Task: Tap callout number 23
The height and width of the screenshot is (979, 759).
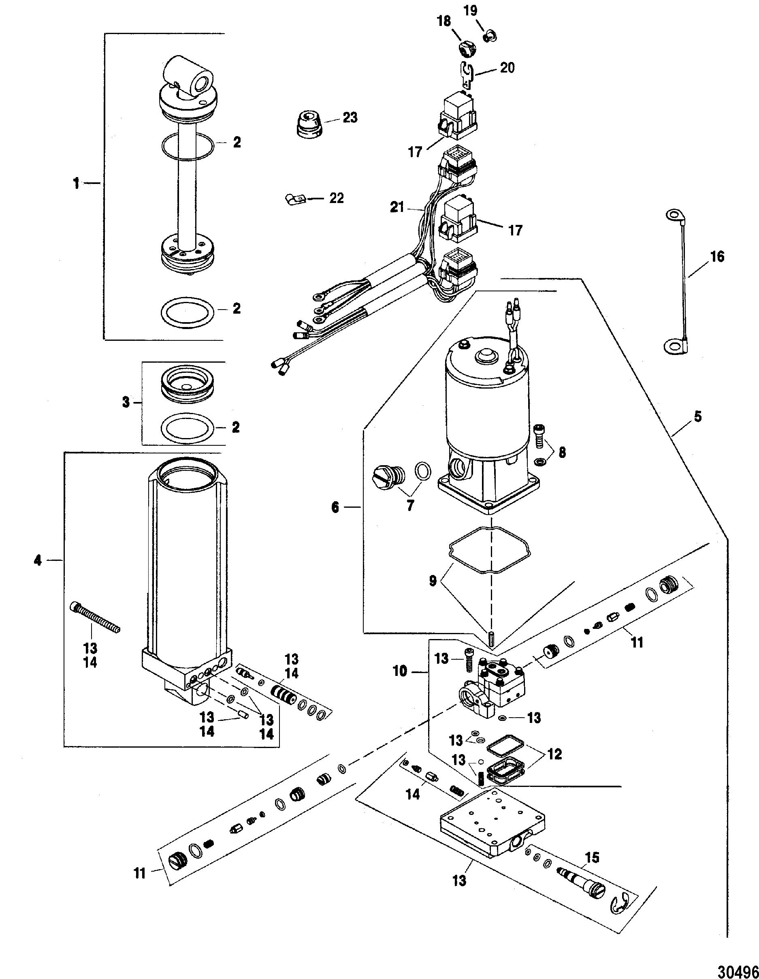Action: [350, 118]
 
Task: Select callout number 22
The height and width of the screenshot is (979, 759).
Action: [336, 198]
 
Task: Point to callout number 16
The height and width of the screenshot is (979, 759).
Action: [717, 257]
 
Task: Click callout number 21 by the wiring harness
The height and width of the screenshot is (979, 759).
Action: [397, 207]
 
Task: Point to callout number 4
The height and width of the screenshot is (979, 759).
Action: [38, 560]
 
